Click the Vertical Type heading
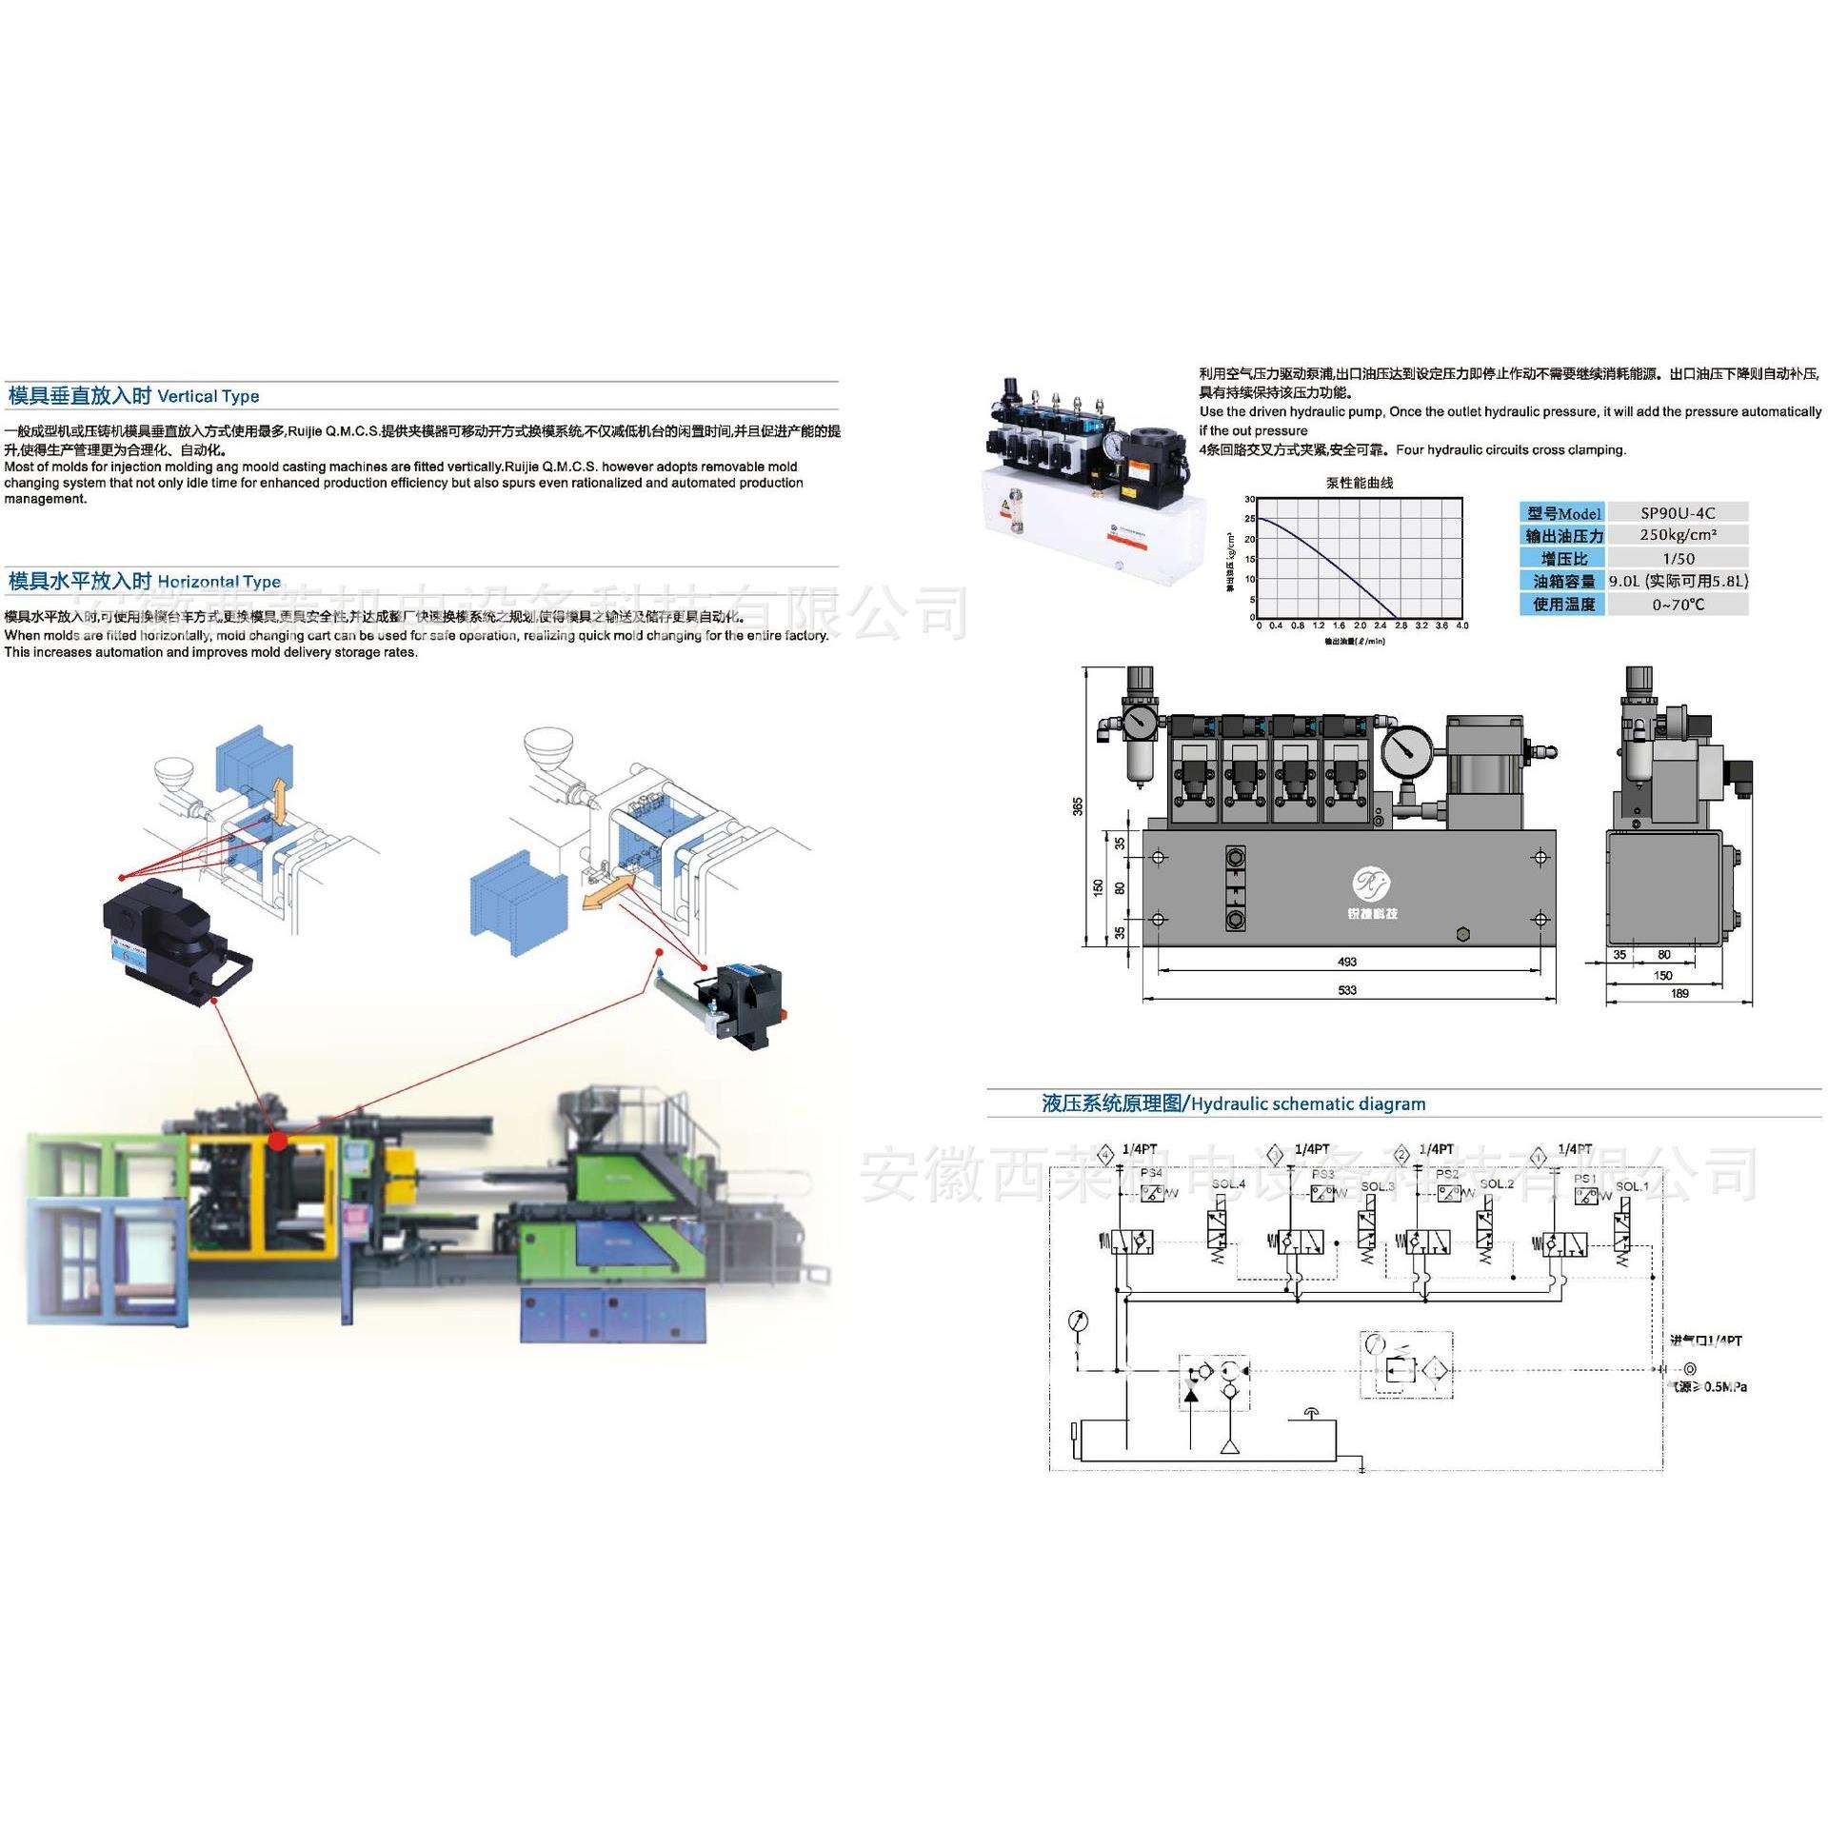[x=133, y=396]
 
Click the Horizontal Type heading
[x=145, y=581]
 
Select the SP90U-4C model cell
[x=1678, y=512]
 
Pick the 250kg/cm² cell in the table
[x=1678, y=535]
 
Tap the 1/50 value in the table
[x=1678, y=558]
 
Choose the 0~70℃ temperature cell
[x=1678, y=604]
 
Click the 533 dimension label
[x=1347, y=990]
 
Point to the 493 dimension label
[x=1347, y=962]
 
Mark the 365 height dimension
[x=1078, y=805]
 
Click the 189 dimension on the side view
[x=1679, y=993]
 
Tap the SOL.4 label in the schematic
[x=1229, y=1183]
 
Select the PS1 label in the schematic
[x=1585, y=1179]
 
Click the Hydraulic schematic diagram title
[x=1234, y=1104]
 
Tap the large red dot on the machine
[x=278, y=1140]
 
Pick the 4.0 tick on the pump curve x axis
[x=1462, y=626]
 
